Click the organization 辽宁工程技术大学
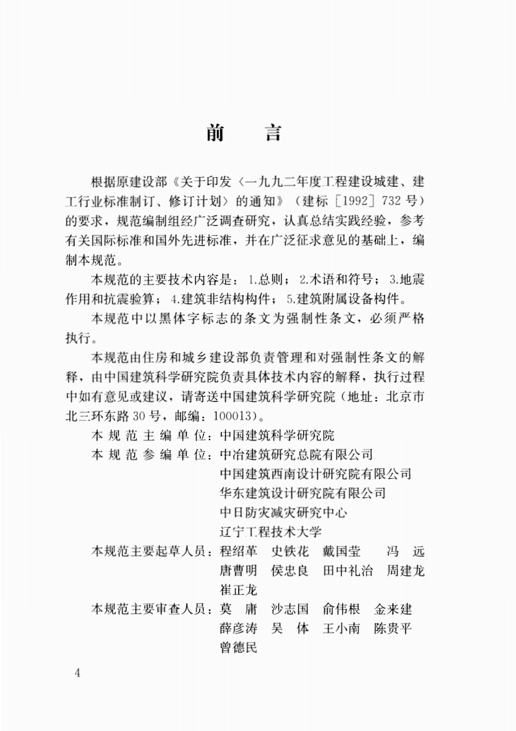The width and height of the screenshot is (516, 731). tap(271, 531)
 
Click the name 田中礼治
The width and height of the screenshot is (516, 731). tap(348, 571)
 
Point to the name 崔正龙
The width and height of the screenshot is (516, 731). tap(239, 590)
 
